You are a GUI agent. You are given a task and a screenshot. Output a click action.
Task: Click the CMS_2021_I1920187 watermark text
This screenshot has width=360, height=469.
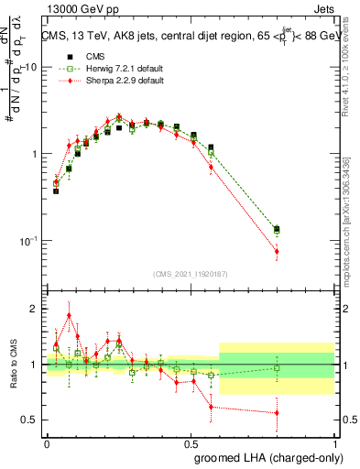pyautogui.click(x=191, y=274)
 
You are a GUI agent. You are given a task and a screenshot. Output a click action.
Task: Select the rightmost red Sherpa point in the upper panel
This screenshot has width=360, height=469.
pyautogui.click(x=277, y=251)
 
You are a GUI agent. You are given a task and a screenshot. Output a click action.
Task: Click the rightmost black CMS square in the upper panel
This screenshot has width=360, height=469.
pyautogui.click(x=277, y=229)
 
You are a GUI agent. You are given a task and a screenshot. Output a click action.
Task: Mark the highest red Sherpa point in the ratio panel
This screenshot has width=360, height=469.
pyautogui.click(x=69, y=315)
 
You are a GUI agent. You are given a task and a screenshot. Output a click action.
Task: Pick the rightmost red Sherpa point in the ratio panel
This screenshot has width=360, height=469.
pyautogui.click(x=277, y=413)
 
